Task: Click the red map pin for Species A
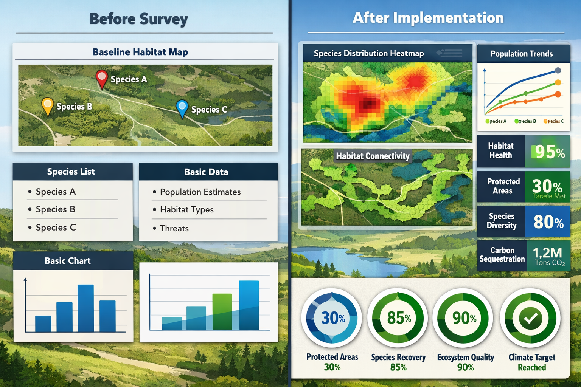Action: pos(102,77)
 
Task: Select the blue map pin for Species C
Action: pos(182,107)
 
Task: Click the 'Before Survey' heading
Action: pos(138,19)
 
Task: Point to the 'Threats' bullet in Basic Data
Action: pos(174,228)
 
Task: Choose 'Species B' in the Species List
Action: pos(55,209)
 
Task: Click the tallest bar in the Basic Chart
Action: pos(85,308)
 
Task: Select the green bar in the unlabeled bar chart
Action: pos(222,311)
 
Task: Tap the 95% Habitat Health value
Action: pos(550,152)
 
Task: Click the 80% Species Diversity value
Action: pos(548,222)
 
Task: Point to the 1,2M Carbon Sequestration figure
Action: pos(548,253)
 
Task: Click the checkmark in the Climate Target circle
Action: pos(530,319)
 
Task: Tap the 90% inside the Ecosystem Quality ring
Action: pos(464,318)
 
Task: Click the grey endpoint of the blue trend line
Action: pos(558,70)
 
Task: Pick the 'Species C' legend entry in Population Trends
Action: pos(554,121)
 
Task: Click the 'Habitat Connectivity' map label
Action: pos(373,156)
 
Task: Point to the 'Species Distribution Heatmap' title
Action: pos(369,53)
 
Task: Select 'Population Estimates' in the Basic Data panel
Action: pos(200,192)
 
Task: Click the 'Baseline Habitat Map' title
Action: pos(140,52)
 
